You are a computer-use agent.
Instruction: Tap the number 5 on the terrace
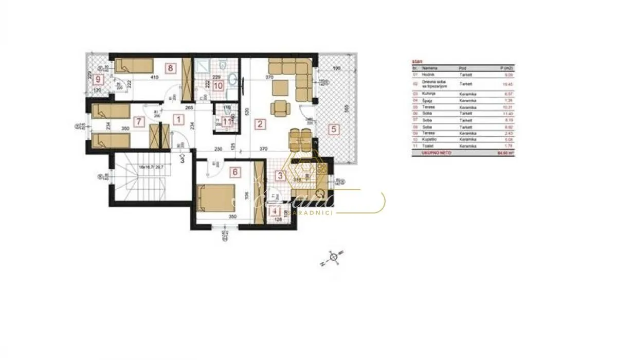(x=334, y=130)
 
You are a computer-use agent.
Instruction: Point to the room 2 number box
(x=260, y=123)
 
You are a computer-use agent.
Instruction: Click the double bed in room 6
(x=215, y=197)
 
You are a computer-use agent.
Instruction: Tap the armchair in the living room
(x=280, y=109)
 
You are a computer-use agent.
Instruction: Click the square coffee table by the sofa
(x=281, y=88)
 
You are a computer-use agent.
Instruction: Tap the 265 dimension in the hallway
(x=189, y=107)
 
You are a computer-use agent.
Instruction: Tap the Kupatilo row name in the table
(x=429, y=139)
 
